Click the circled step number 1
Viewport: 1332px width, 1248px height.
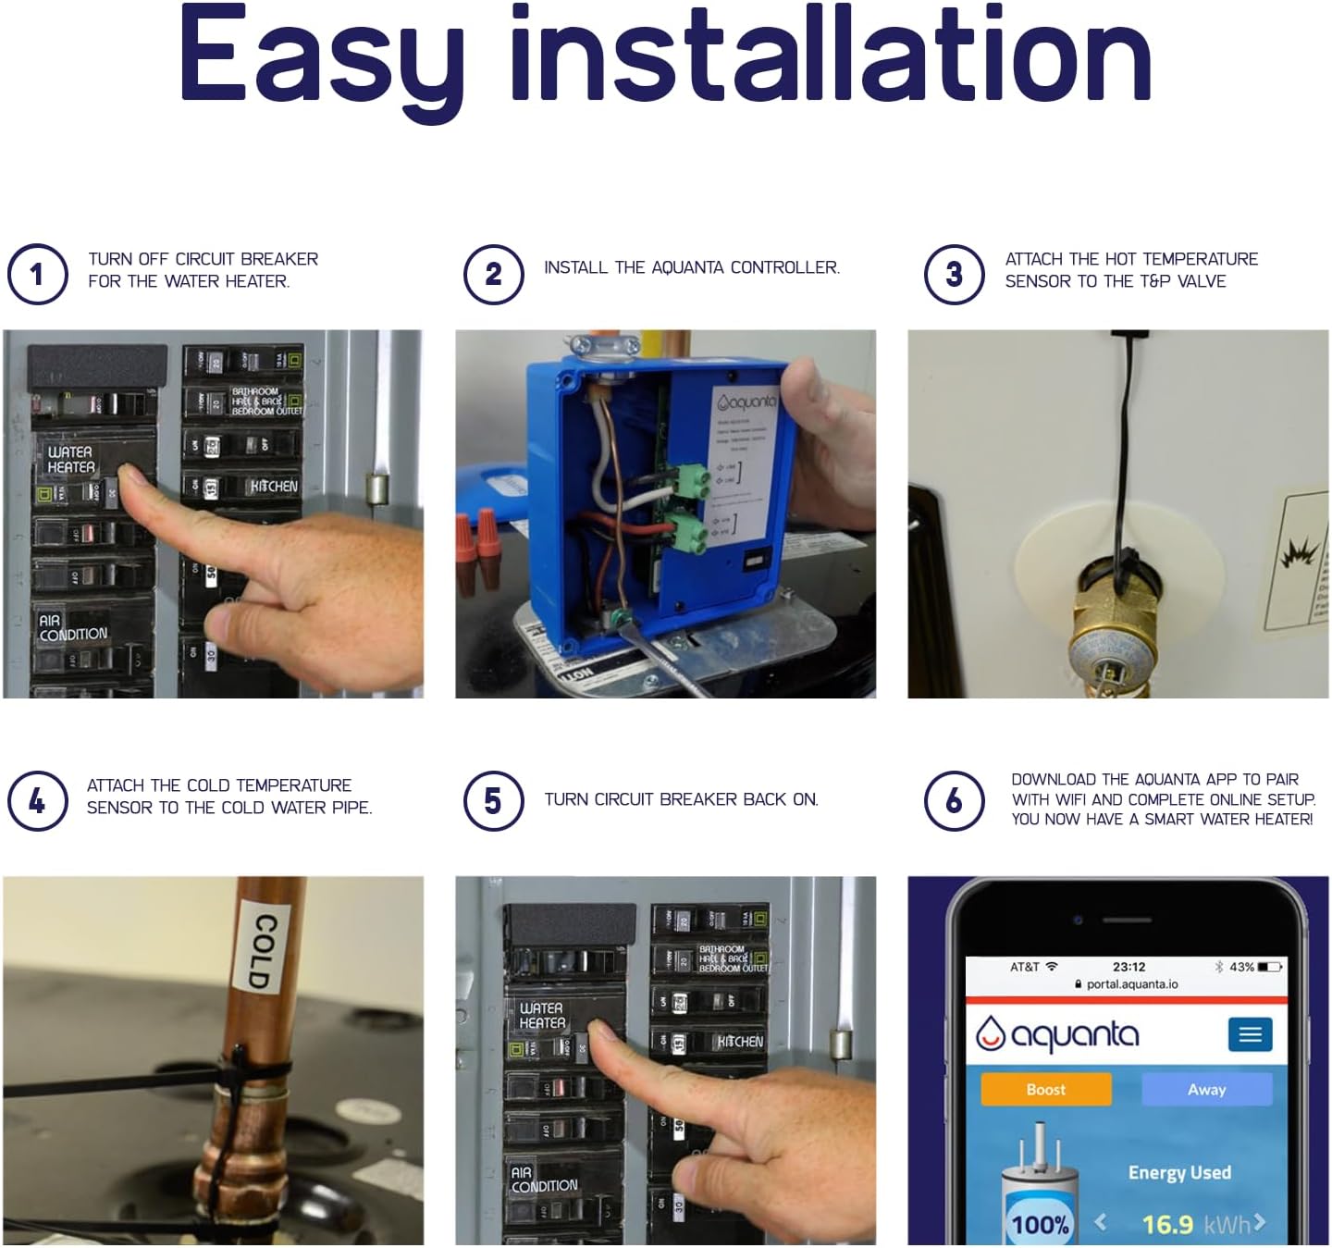37,274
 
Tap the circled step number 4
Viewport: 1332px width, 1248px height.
37,800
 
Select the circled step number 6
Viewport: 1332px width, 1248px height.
954,800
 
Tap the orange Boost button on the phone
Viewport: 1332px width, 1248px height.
1045,1089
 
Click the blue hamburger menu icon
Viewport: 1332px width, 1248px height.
1250,1034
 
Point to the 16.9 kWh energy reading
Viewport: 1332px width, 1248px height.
1193,1224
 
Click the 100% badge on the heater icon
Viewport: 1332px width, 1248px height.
1040,1225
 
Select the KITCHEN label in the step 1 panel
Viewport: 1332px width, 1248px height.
274,486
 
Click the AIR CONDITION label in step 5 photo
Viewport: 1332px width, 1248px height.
543,1180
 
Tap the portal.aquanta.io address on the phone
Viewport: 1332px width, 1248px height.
1131,984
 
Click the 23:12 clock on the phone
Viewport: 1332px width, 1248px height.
1128,967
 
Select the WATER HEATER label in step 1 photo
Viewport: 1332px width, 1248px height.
70,459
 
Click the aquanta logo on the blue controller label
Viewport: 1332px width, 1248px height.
746,402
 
